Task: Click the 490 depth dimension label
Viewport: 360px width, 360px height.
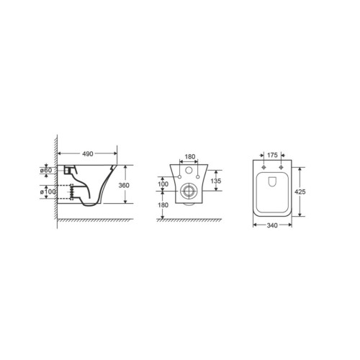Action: click(88, 154)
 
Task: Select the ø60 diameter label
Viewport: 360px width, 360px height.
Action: click(46, 170)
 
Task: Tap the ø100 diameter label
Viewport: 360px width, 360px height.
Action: click(48, 192)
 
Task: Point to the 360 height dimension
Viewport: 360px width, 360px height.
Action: click(124, 185)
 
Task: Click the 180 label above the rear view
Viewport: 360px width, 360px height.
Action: click(190, 157)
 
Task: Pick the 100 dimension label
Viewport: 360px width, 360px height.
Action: click(163, 184)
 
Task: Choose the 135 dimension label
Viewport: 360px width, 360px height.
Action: click(216, 181)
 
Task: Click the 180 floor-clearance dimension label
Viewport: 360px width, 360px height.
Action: click(163, 205)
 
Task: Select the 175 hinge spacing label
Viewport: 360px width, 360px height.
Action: click(272, 155)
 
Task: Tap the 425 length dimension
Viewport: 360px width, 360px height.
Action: click(300, 192)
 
